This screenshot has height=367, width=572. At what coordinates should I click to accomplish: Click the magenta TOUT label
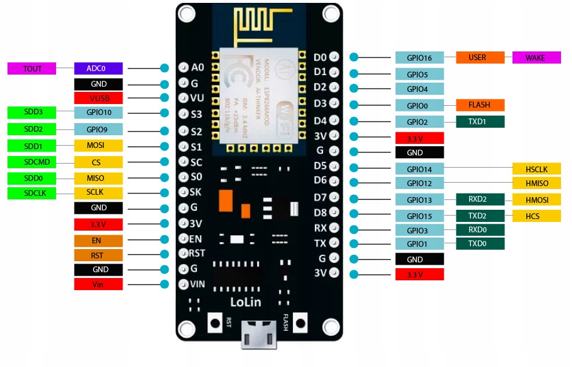click(32, 69)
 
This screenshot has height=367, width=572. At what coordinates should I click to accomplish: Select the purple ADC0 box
click(98, 68)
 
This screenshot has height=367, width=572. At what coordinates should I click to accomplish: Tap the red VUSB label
click(98, 98)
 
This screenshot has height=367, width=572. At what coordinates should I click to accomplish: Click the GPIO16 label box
click(419, 58)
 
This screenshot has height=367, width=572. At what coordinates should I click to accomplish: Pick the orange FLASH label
click(480, 105)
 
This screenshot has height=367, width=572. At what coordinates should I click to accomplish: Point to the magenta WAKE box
click(536, 58)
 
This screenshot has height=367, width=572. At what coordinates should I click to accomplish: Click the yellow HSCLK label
click(536, 169)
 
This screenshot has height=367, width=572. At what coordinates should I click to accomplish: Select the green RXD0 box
click(480, 230)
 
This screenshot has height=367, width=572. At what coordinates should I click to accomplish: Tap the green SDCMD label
click(32, 162)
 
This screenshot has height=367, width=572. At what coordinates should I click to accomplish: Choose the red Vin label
click(98, 284)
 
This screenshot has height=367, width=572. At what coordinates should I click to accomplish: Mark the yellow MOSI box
click(98, 146)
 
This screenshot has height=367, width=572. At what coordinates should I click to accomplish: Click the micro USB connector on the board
click(258, 335)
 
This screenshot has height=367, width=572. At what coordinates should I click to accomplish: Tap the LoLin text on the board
click(246, 302)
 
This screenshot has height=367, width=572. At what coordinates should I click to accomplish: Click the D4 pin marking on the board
click(320, 121)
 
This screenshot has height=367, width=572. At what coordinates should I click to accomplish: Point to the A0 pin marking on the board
click(198, 68)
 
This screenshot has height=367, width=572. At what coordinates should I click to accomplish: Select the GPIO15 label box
click(419, 216)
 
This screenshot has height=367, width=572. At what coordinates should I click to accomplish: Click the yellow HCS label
click(536, 216)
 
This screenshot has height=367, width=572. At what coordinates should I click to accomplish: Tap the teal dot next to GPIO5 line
click(354, 74)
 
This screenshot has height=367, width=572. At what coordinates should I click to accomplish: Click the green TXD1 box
click(480, 122)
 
